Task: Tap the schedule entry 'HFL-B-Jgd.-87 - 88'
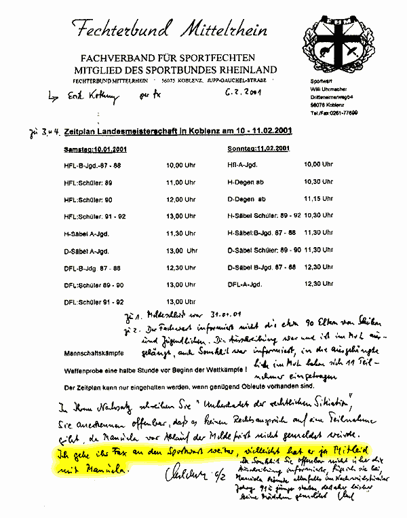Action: pos(92,165)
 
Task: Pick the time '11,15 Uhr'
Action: pos(319,198)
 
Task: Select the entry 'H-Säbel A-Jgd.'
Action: pos(86,233)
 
